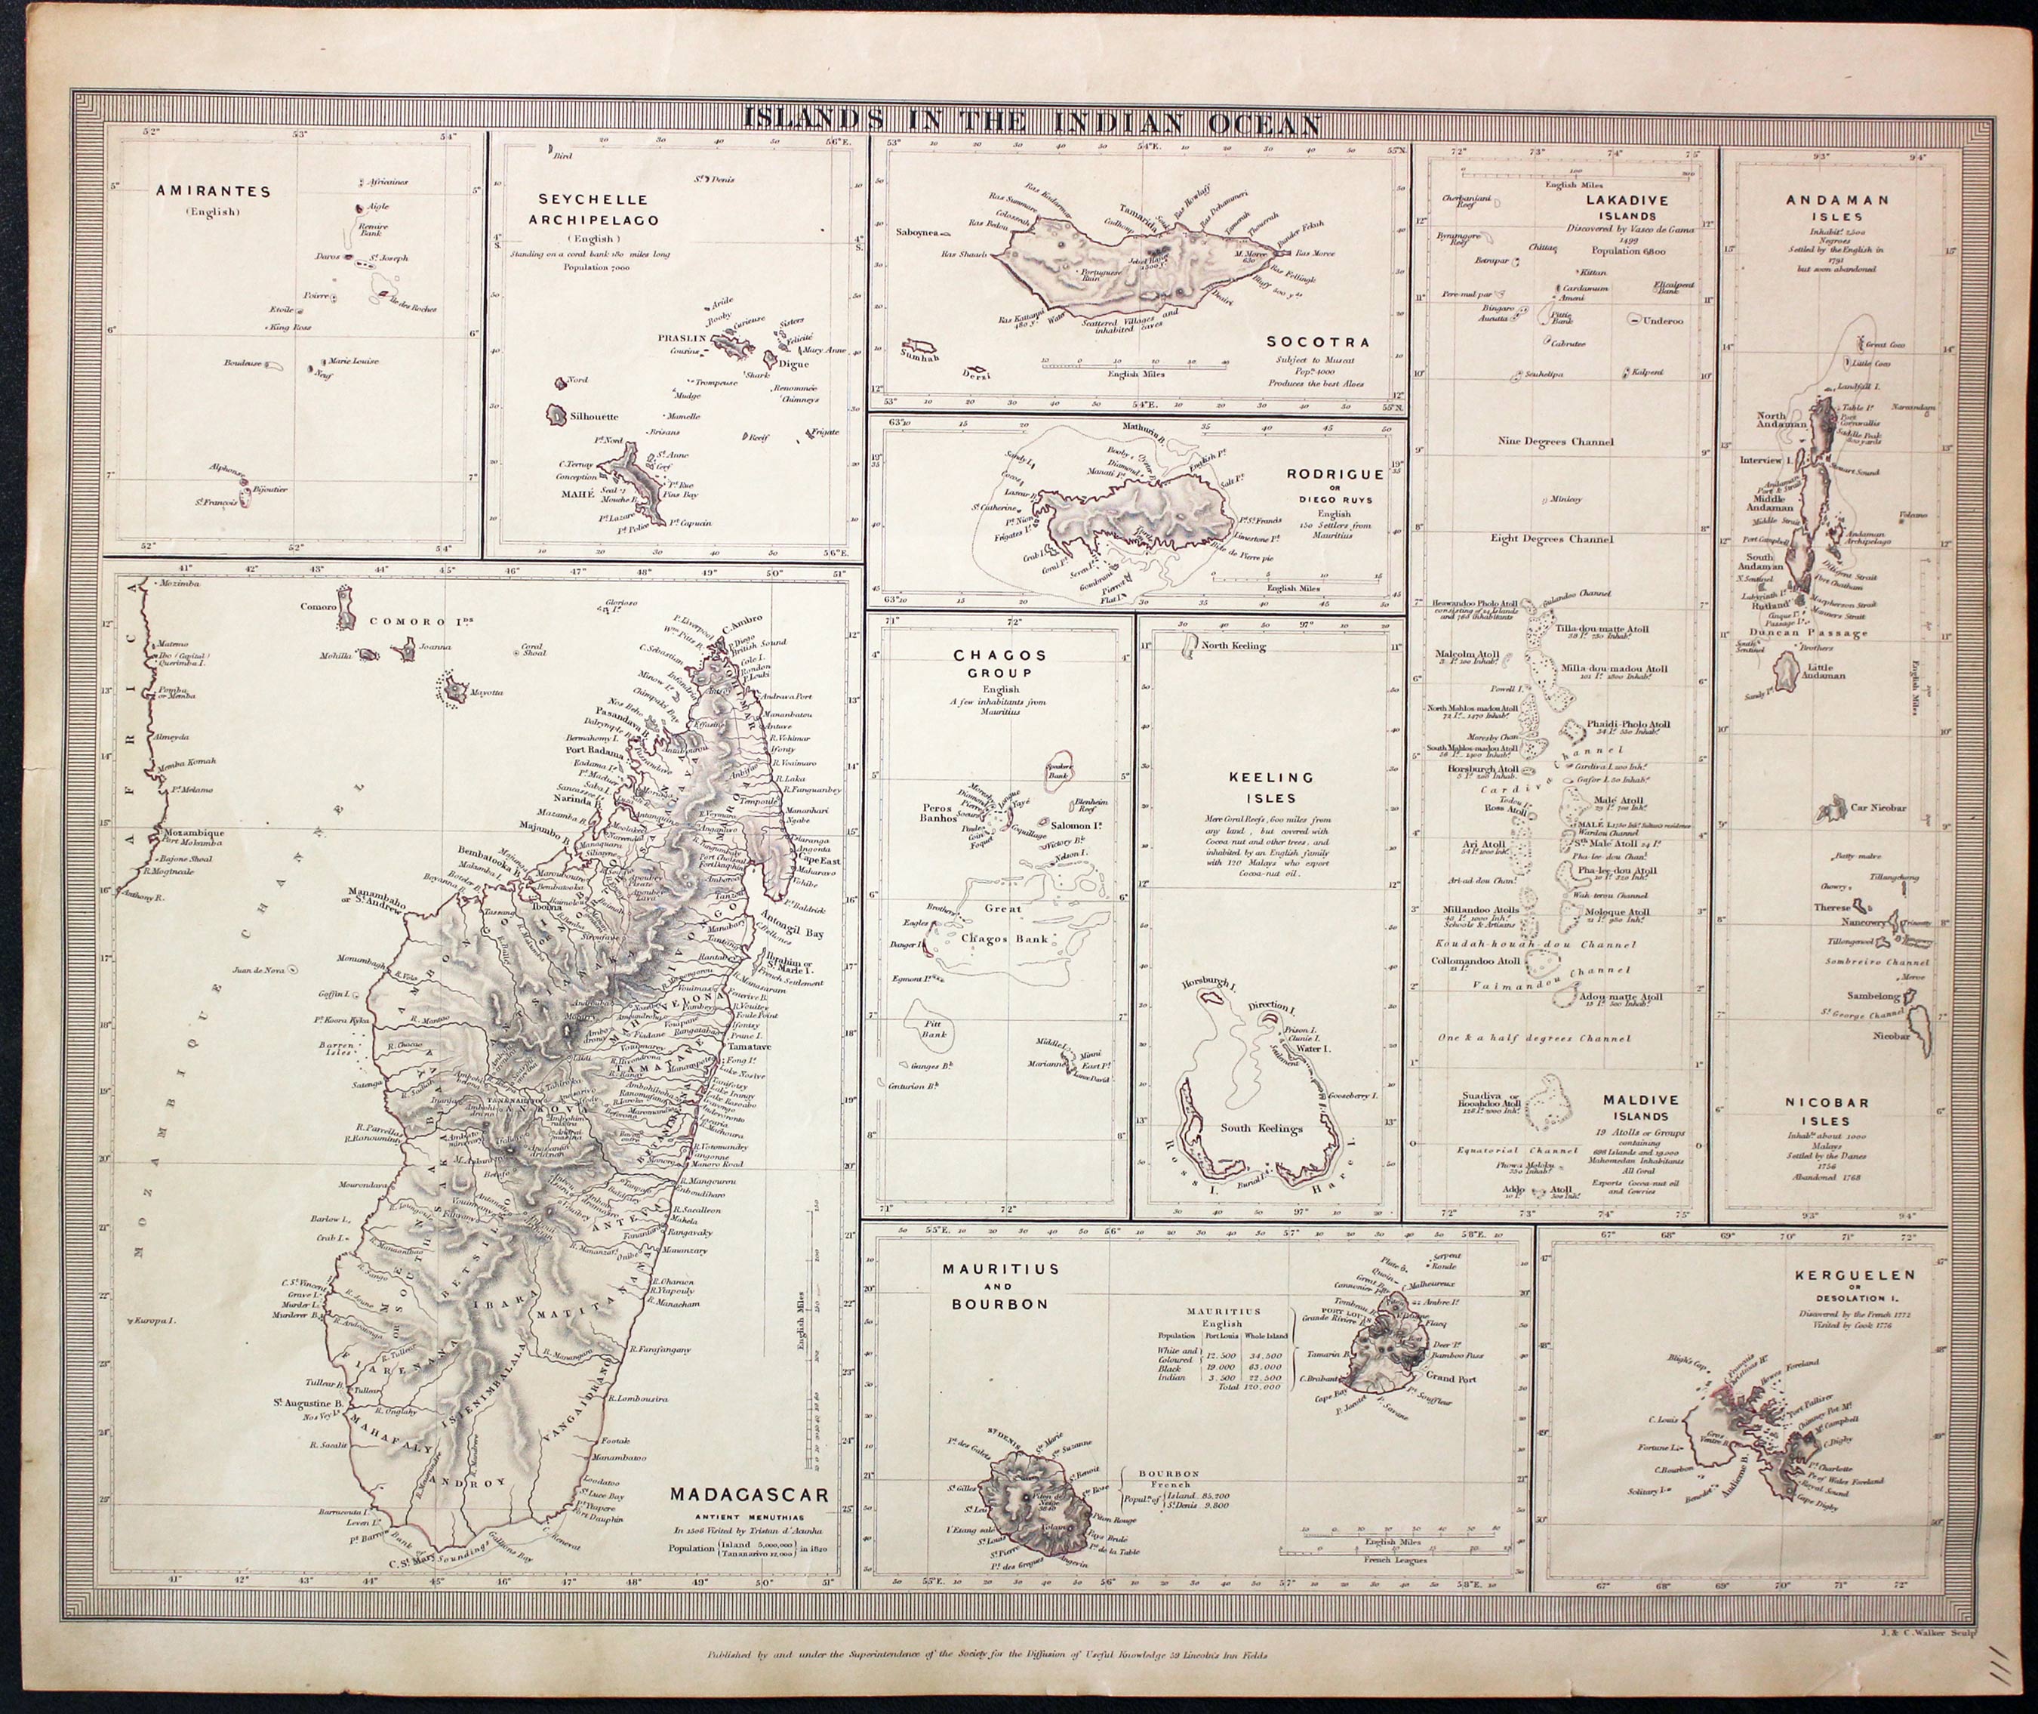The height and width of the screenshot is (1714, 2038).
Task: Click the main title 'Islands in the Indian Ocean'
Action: coord(1030,122)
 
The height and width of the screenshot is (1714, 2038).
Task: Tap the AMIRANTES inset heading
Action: coord(213,192)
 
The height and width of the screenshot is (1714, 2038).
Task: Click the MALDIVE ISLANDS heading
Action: coord(1639,1108)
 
